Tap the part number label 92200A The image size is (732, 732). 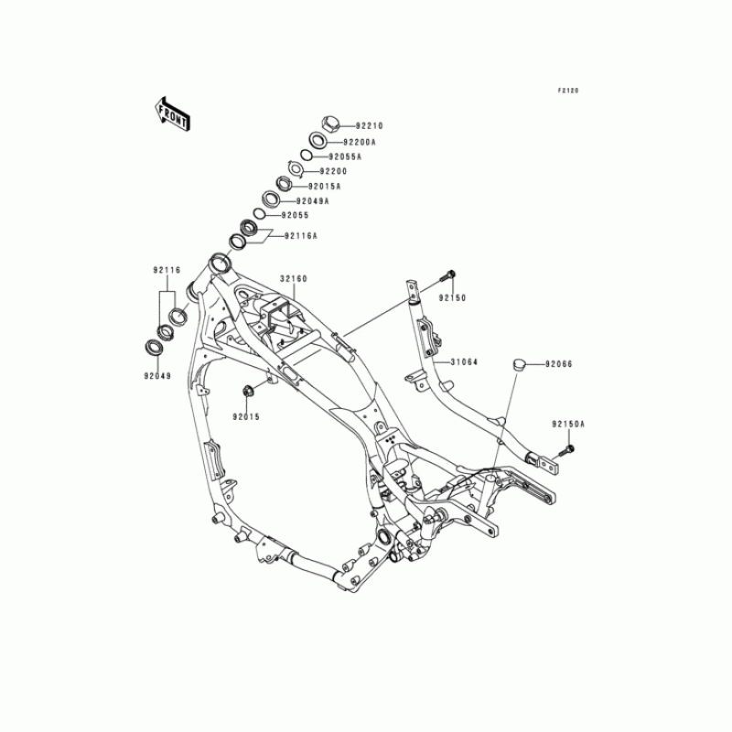tap(360, 142)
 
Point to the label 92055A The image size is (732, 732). tap(346, 156)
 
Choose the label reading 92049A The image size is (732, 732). tap(313, 200)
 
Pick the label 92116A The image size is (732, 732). tap(300, 235)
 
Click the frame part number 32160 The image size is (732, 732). tap(294, 277)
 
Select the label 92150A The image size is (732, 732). tap(568, 425)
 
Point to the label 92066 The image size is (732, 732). tap(559, 363)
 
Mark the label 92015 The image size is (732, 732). tap(245, 416)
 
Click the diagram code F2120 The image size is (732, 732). tap(568, 91)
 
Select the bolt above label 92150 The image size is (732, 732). tap(450, 274)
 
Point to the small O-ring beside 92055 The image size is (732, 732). tap(260, 214)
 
